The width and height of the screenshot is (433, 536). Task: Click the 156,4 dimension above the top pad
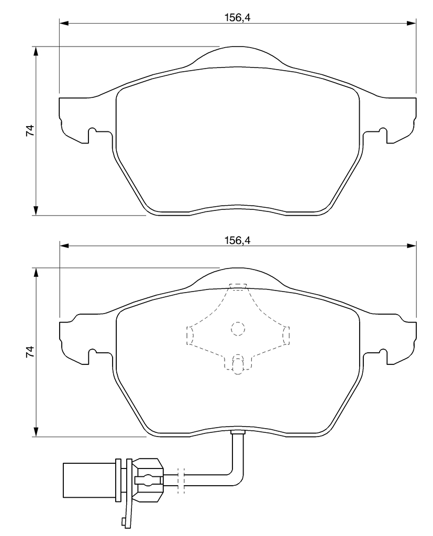(237, 17)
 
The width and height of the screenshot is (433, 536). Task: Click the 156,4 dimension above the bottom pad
(237, 240)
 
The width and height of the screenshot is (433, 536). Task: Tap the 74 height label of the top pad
(30, 130)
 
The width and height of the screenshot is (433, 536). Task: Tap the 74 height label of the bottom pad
(30, 352)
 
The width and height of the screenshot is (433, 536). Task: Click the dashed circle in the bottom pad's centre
(238, 329)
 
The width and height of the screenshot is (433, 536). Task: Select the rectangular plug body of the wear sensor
(90, 481)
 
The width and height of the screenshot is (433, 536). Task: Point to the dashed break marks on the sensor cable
(181, 481)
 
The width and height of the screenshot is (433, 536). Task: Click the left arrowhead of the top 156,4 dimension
(64, 23)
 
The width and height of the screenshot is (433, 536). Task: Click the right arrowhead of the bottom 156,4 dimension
(412, 246)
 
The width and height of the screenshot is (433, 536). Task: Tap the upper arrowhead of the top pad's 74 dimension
(35, 51)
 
